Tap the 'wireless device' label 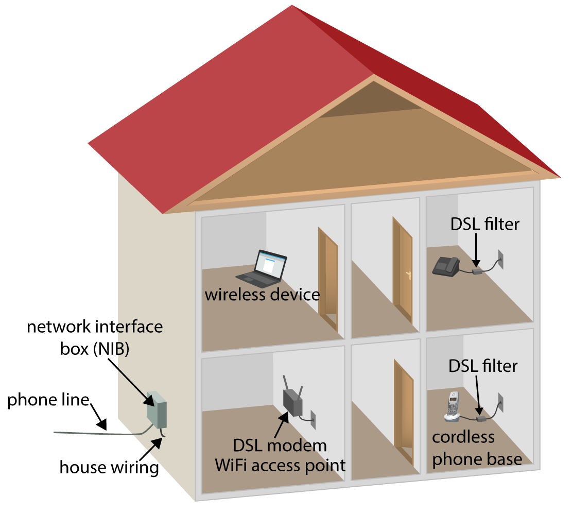tap(262, 295)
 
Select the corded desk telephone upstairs tap(445, 266)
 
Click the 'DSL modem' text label tap(280, 445)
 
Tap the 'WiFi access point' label tap(280, 465)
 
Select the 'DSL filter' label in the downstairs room tap(483, 366)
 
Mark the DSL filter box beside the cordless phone tap(481, 418)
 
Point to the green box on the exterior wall tap(157, 411)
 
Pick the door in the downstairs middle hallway tap(403, 412)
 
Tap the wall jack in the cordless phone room tap(500, 401)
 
